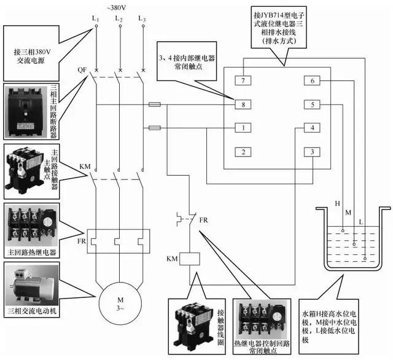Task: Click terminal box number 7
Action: (244, 81)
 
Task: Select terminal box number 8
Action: (244, 104)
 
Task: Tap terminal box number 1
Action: (244, 128)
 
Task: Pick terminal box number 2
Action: (244, 152)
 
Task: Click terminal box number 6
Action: (313, 81)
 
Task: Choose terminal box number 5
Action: (313, 104)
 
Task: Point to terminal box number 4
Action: (313, 128)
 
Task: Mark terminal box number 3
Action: (313, 152)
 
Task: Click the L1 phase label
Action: (96, 20)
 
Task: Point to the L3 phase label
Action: (143, 20)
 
